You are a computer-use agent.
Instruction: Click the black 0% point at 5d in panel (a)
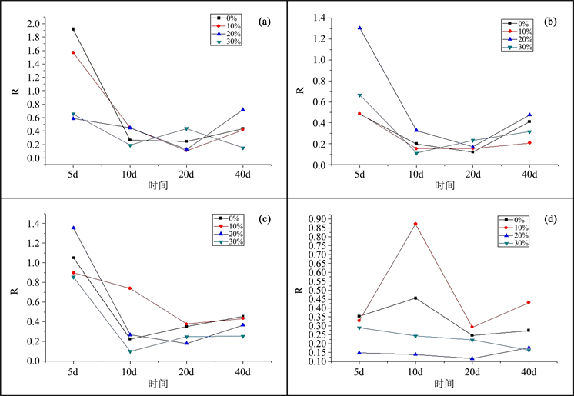pos(73,29)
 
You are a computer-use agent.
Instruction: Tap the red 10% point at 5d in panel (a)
pos(73,52)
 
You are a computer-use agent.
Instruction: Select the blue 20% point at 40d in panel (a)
pos(243,110)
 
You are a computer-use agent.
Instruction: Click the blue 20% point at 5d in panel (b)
pos(359,28)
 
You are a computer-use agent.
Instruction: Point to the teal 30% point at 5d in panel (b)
pos(359,95)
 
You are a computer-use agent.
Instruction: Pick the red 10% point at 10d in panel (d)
pos(416,224)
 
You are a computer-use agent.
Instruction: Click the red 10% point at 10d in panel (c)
pos(130,288)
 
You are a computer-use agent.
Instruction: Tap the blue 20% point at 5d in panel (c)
pos(73,228)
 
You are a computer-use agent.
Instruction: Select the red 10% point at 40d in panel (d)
pos(529,302)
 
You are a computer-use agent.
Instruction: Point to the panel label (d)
pos(551,219)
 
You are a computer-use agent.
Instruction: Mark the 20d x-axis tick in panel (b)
pos(472,175)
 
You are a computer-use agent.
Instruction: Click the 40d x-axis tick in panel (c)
pos(243,371)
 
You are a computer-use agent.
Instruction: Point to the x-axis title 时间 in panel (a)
pos(159,186)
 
